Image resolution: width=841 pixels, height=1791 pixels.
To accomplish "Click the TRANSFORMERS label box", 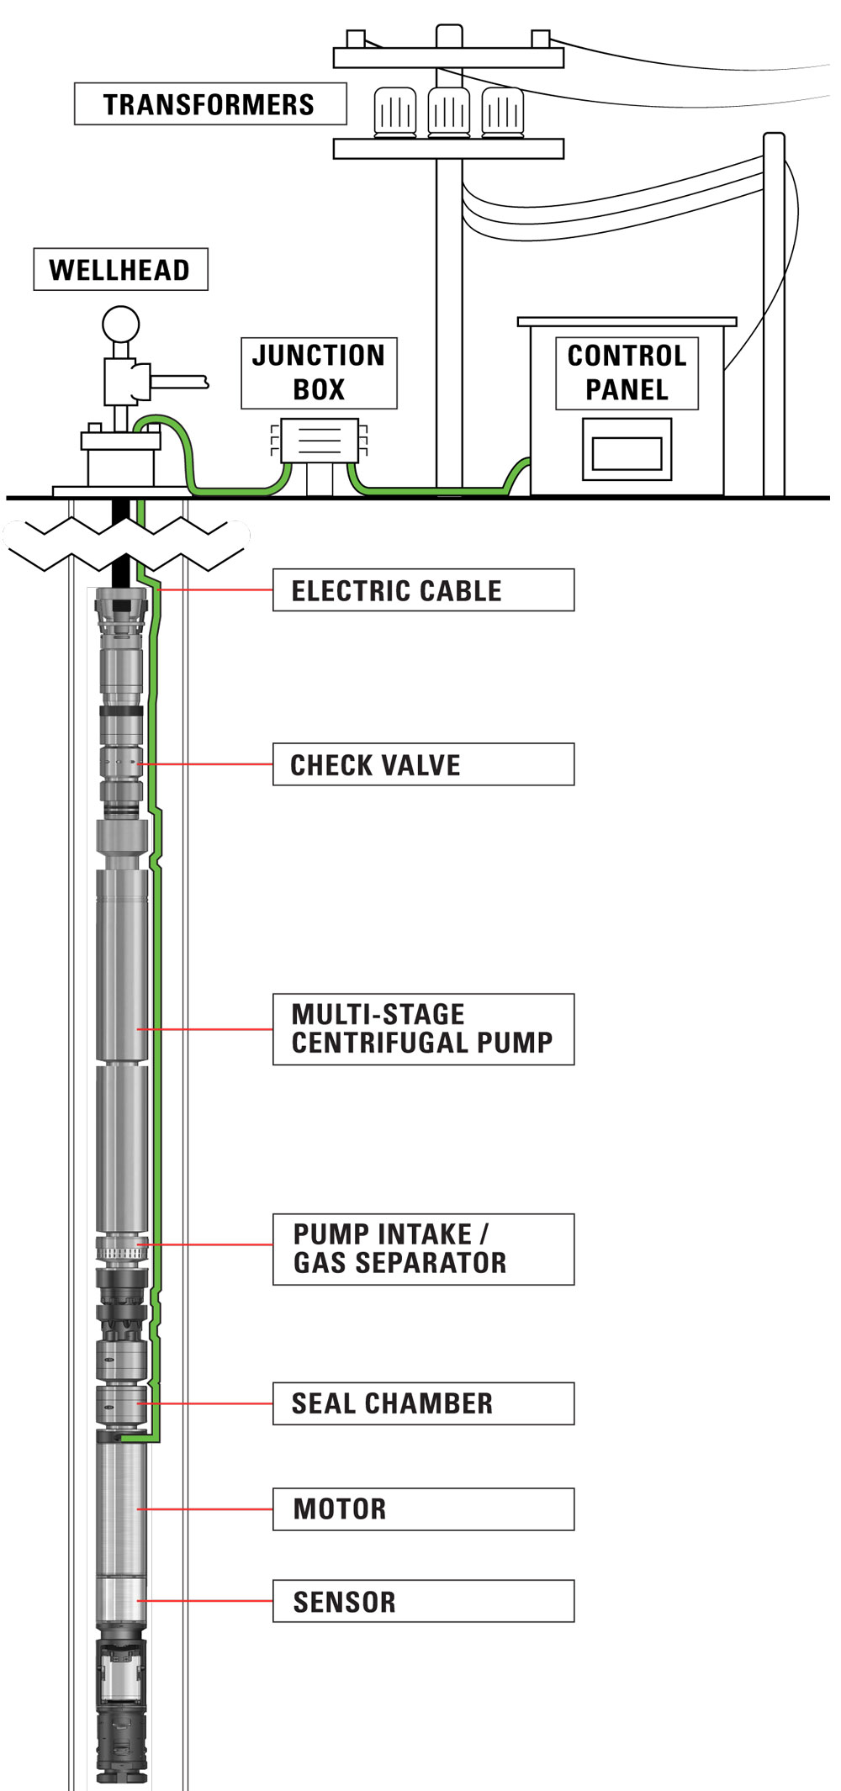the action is tap(209, 104).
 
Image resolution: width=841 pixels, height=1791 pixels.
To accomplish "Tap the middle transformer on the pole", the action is tap(448, 111).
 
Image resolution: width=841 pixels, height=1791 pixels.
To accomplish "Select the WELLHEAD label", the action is tap(120, 269).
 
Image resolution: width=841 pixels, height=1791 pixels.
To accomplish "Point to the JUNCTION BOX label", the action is tap(319, 372).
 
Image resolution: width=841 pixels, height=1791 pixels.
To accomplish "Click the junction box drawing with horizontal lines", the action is tap(319, 440).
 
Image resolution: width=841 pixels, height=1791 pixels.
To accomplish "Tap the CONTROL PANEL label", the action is tap(627, 372).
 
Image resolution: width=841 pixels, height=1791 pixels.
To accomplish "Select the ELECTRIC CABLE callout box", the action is tap(423, 590).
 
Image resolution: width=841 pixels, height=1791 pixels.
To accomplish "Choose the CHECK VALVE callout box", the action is tap(423, 764).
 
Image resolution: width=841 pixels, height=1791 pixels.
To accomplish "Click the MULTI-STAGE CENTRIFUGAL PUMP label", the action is tap(423, 1029).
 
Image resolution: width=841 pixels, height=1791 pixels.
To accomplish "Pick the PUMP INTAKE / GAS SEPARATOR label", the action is tap(423, 1249).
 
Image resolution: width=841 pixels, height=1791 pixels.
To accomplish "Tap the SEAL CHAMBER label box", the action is tap(423, 1403).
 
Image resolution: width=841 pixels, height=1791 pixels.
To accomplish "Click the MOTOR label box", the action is tap(423, 1509).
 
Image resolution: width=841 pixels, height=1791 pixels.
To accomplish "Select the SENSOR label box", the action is tap(423, 1601).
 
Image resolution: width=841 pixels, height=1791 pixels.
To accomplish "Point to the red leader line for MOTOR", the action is tap(206, 1509).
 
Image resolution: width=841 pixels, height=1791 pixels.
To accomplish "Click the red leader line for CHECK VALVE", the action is tap(206, 764).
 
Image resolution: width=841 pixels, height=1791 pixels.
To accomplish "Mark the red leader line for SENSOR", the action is tap(206, 1601).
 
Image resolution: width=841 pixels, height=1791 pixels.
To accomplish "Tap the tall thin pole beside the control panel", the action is tap(774, 320).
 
